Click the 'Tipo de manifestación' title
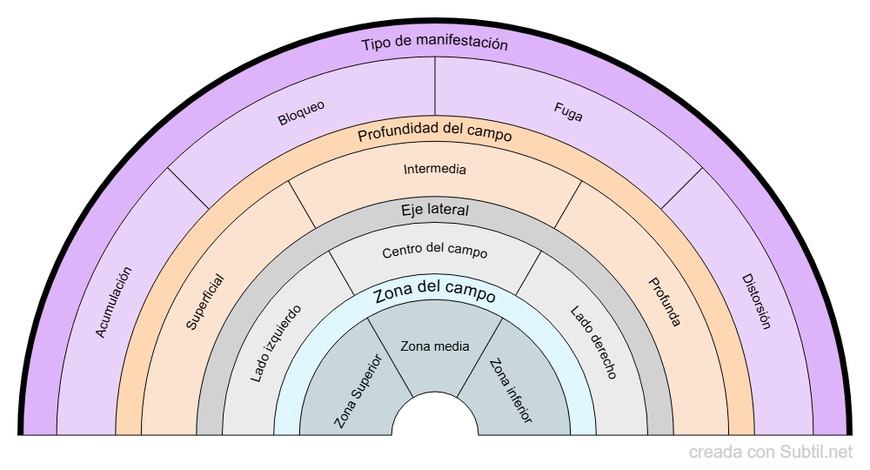(x=434, y=44)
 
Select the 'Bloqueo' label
(x=301, y=113)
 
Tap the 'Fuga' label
(x=568, y=112)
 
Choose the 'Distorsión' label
(x=756, y=301)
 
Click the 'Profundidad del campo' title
(x=434, y=134)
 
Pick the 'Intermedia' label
(x=435, y=169)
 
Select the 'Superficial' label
(x=205, y=302)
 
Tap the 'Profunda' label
(x=664, y=302)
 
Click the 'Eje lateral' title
(x=435, y=210)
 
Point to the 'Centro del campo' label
(x=435, y=252)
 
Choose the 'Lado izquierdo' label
(x=276, y=344)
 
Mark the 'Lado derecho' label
(x=594, y=343)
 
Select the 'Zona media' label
(x=435, y=346)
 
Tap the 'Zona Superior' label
(x=358, y=391)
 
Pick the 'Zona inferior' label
(x=511, y=391)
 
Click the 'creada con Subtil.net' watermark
(x=771, y=453)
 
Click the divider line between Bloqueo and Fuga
(x=435, y=91)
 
